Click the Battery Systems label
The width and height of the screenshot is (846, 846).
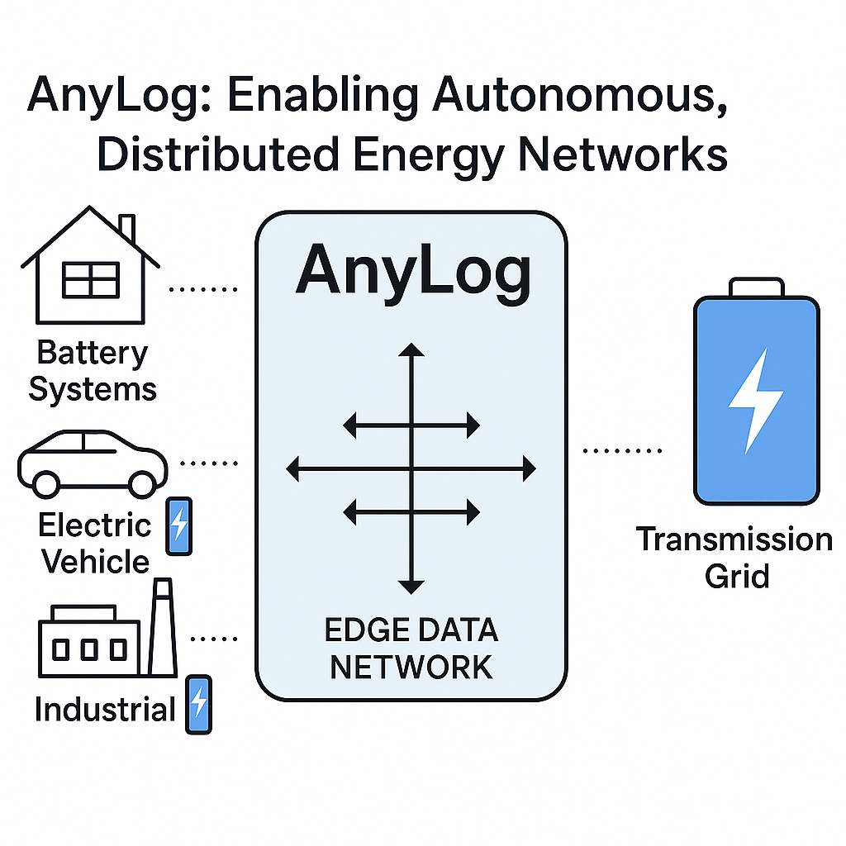point(93,370)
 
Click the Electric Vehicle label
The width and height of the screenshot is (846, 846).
point(96,543)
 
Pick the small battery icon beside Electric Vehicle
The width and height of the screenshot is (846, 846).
point(179,525)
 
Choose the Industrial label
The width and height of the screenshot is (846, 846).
point(105,710)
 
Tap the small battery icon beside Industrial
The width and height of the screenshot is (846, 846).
point(198,705)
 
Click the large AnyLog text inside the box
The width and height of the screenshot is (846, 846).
point(412,270)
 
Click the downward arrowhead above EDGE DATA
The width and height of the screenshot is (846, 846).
point(411,587)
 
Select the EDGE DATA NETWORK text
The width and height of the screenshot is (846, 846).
point(411,648)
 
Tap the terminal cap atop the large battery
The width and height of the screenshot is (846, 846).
point(756,287)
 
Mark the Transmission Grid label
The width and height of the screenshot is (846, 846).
point(734,557)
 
